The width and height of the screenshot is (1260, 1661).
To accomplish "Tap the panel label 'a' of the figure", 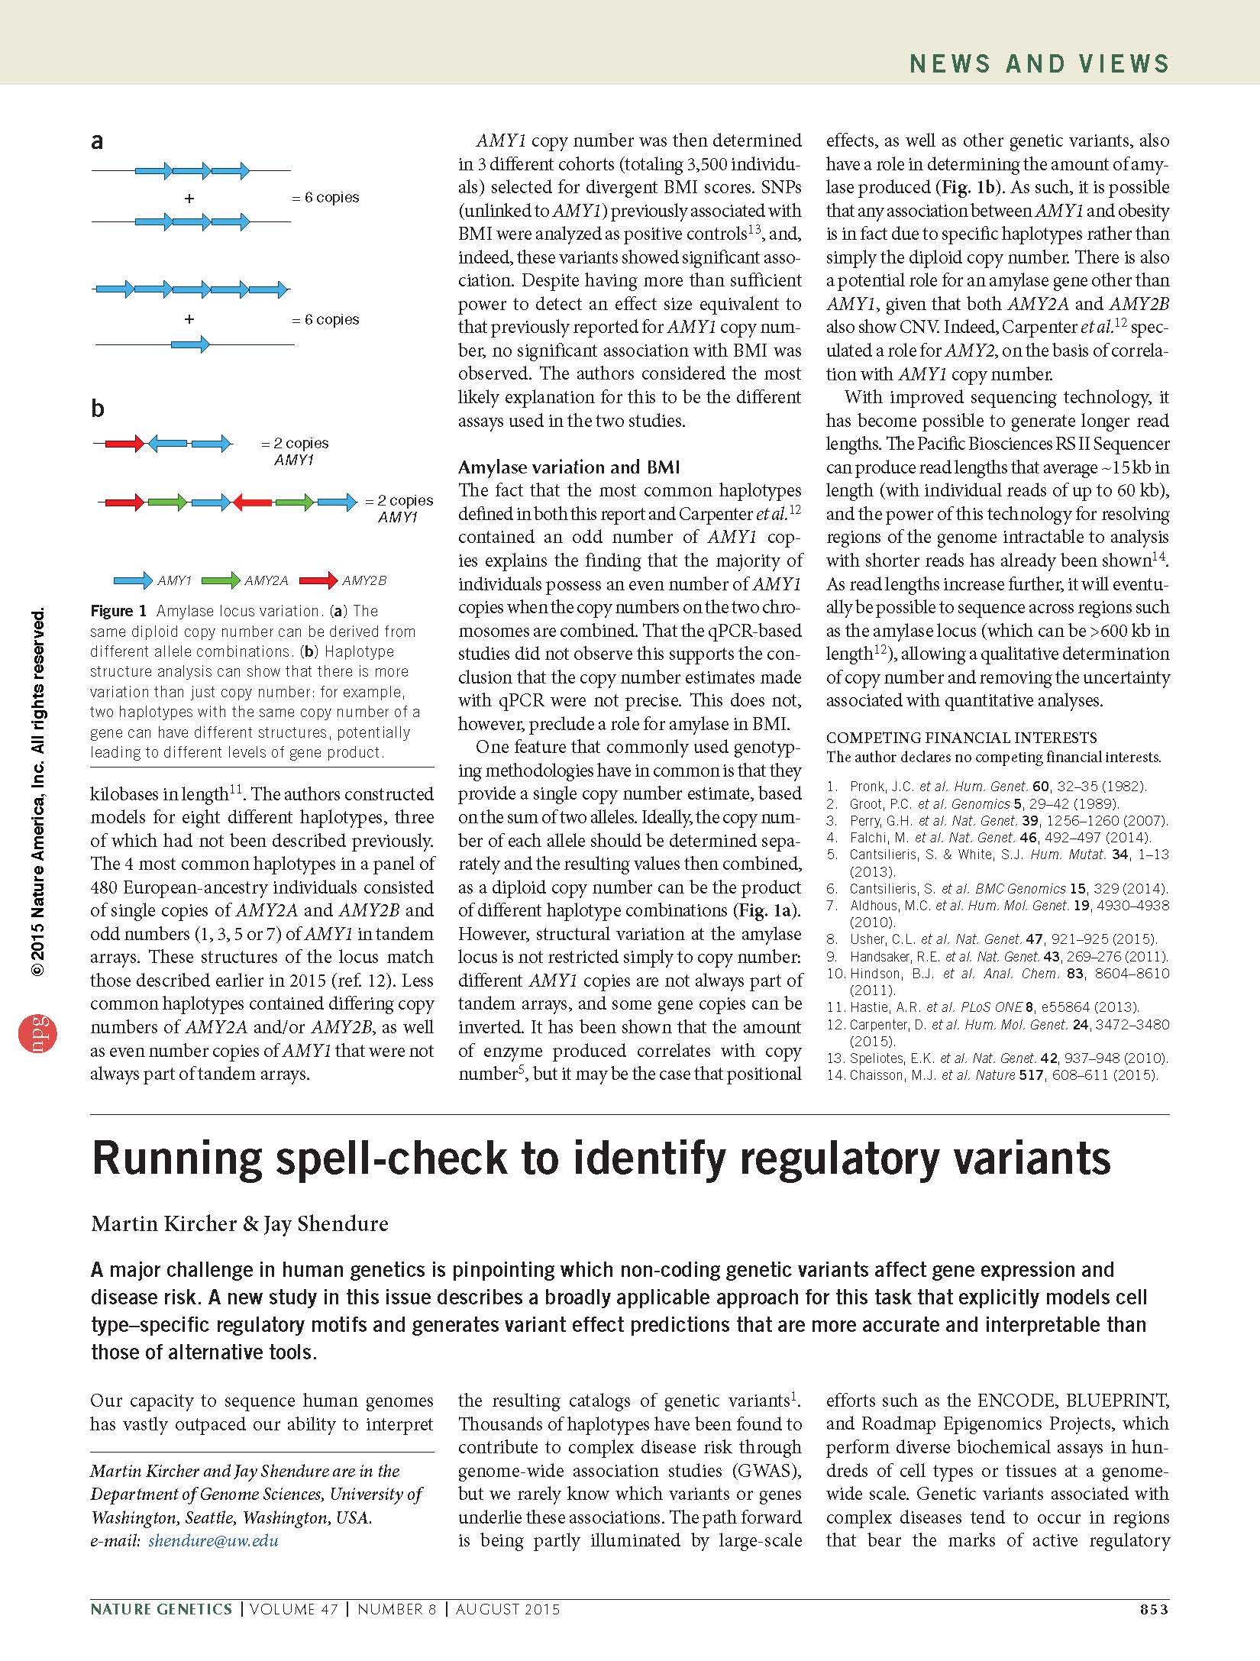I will (97, 142).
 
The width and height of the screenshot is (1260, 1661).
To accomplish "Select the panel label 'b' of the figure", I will (98, 409).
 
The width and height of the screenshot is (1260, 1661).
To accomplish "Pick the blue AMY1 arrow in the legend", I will (133, 580).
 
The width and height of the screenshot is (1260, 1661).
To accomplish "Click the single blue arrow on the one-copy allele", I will (190, 344).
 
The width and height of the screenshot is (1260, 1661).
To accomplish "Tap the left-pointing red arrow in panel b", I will (252, 502).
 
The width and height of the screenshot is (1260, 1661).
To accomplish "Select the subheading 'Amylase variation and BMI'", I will (569, 467).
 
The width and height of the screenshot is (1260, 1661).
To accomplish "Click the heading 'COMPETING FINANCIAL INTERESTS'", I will (961, 738).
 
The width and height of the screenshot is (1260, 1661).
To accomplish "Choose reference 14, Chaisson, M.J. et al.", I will (993, 1075).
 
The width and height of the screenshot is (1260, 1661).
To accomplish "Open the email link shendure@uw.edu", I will (213, 1540).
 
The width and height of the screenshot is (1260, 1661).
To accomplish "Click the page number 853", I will (1154, 1609).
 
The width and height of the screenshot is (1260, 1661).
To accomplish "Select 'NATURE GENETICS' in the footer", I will (161, 1609).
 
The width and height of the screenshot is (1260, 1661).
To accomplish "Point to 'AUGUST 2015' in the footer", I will (508, 1609).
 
